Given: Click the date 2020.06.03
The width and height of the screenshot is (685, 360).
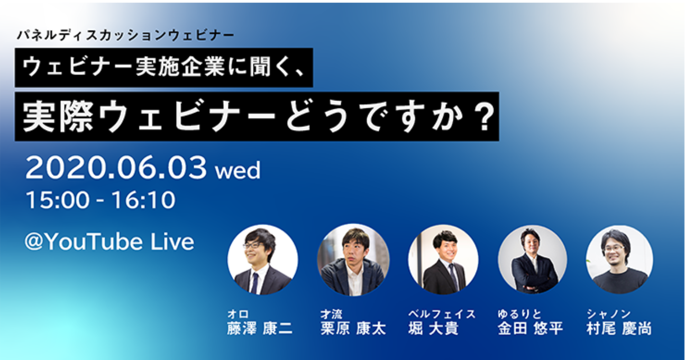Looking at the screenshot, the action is (116, 168).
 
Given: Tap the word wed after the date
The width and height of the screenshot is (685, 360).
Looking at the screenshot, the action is (238, 171).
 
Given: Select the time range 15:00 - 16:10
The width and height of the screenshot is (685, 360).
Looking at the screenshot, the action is (101, 200).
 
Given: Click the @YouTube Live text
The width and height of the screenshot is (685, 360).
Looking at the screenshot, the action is (109, 242).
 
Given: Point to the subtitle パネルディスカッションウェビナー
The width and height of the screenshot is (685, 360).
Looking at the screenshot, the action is (125, 35).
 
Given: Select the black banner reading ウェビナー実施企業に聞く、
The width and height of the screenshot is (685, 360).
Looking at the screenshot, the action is (164, 68).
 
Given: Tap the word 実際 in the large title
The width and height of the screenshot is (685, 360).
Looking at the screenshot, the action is (58, 116).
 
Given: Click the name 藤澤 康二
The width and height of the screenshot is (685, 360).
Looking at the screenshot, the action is (260, 328).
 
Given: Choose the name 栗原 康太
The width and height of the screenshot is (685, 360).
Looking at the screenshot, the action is (353, 328).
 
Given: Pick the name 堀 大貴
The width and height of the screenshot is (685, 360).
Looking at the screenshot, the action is (433, 328).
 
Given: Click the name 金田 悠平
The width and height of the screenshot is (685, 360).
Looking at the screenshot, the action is (530, 328).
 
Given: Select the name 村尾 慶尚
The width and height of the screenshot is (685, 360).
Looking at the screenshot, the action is (619, 328).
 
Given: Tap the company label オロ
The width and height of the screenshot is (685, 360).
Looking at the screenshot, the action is (238, 314).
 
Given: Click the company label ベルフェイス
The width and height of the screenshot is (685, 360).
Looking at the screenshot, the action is (442, 314).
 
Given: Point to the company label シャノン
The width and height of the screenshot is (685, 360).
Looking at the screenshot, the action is (608, 314).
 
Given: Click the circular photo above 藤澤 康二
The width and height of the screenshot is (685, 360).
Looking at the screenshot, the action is (262, 260).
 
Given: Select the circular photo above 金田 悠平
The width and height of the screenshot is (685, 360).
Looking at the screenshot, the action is (533, 260).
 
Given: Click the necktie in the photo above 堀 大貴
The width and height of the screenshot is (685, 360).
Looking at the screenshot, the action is (453, 276).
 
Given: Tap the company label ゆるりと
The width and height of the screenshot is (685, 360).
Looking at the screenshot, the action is (519, 314).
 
